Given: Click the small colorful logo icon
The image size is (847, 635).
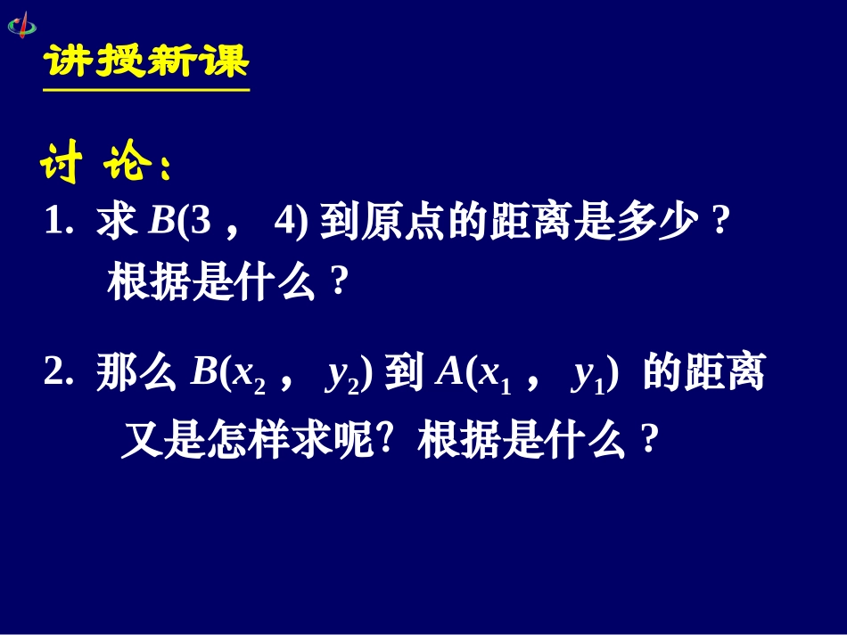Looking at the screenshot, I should pyautogui.click(x=22, y=24).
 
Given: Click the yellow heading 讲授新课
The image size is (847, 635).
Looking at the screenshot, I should pyautogui.click(x=146, y=62).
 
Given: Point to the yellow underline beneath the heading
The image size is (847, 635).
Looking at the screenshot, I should pyautogui.click(x=146, y=89).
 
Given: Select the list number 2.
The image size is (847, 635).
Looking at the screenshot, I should pyautogui.click(x=56, y=376).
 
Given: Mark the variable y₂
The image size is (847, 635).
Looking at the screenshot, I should pyautogui.click(x=341, y=379).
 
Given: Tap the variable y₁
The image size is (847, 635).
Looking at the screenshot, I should pyautogui.click(x=588, y=379).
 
